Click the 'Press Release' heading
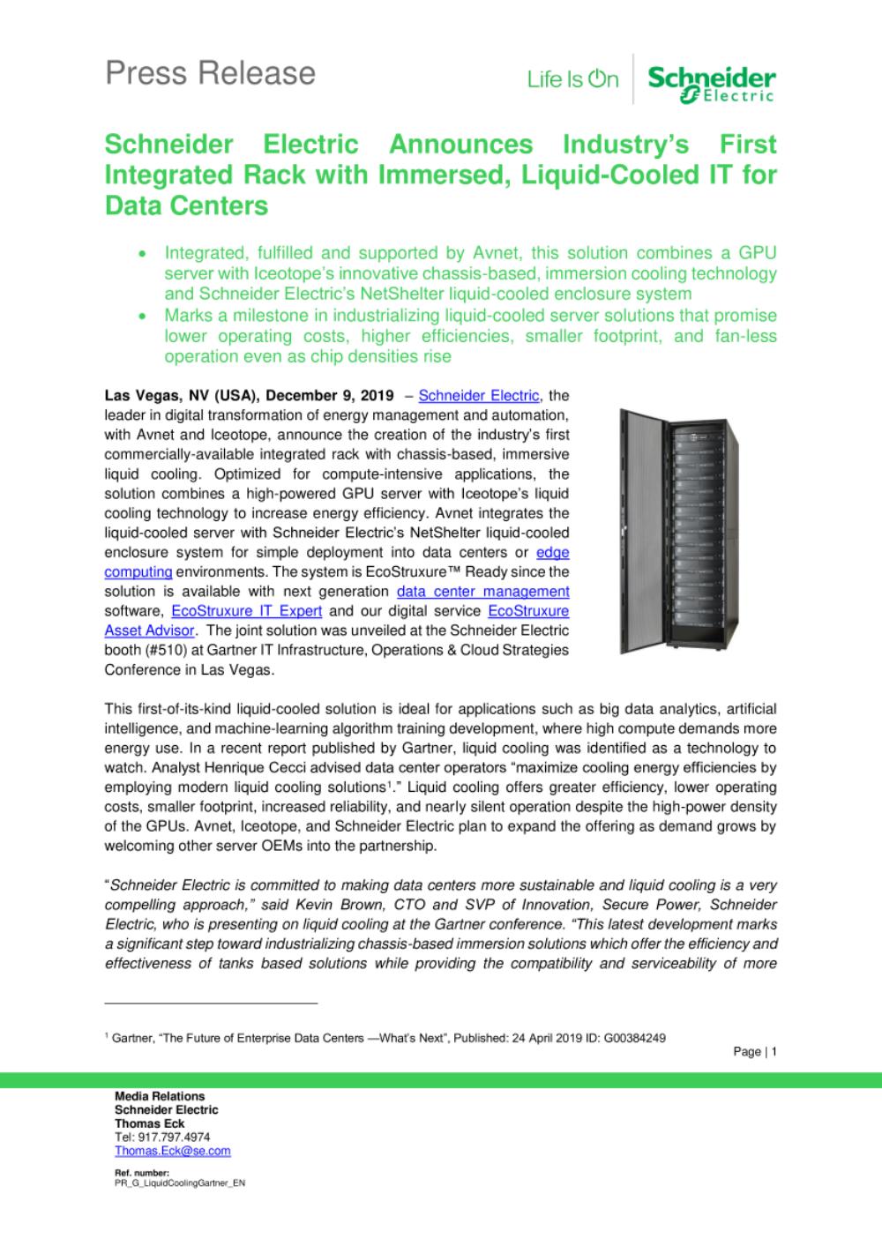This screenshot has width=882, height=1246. click(210, 73)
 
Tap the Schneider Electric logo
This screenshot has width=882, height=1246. click(712, 83)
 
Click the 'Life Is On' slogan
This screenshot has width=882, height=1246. click(572, 80)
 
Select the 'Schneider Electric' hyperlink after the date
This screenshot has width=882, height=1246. click(478, 396)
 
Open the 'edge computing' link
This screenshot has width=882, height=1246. click(553, 552)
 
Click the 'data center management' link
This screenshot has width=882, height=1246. click(482, 591)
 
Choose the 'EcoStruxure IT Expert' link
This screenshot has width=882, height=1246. click(246, 610)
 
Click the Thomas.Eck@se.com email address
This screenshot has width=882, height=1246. click(173, 1151)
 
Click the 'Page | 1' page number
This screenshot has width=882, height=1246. click(754, 1052)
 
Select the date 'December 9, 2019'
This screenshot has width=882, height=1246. click(329, 396)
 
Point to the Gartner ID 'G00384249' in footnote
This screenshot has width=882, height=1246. click(634, 1038)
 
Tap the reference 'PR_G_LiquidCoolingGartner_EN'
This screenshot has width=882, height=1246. click(180, 1183)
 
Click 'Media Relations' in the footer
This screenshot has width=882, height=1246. click(160, 1096)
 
